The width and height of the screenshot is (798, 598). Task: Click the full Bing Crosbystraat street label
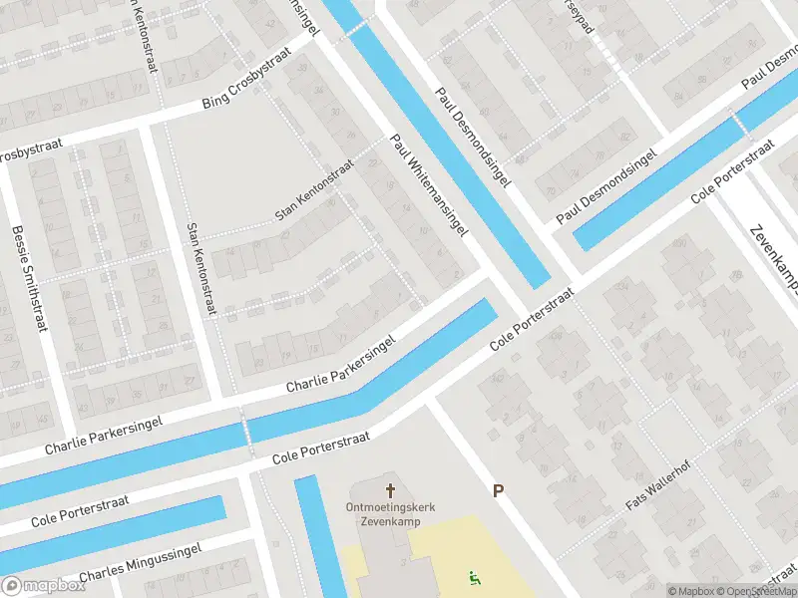pyautogui.click(x=249, y=90)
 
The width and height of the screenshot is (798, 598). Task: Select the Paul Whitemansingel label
pyautogui.click(x=429, y=185)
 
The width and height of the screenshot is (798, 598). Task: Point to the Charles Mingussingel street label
pyautogui.click(x=140, y=563)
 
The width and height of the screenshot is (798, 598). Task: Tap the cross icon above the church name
pyautogui.click(x=390, y=490)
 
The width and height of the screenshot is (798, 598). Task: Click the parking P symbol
pyautogui.click(x=497, y=490)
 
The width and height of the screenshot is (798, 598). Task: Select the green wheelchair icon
pyautogui.click(x=474, y=577)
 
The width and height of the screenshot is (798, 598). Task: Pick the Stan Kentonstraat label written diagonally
pyautogui.click(x=314, y=195)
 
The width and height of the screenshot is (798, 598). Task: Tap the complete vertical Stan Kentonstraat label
pyautogui.click(x=200, y=269)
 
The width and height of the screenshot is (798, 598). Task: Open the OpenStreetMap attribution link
pyautogui.click(x=760, y=591)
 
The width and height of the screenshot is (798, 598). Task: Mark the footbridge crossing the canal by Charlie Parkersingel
pyautogui.click(x=244, y=428)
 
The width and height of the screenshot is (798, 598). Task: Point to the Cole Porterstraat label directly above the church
pyautogui.click(x=321, y=448)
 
